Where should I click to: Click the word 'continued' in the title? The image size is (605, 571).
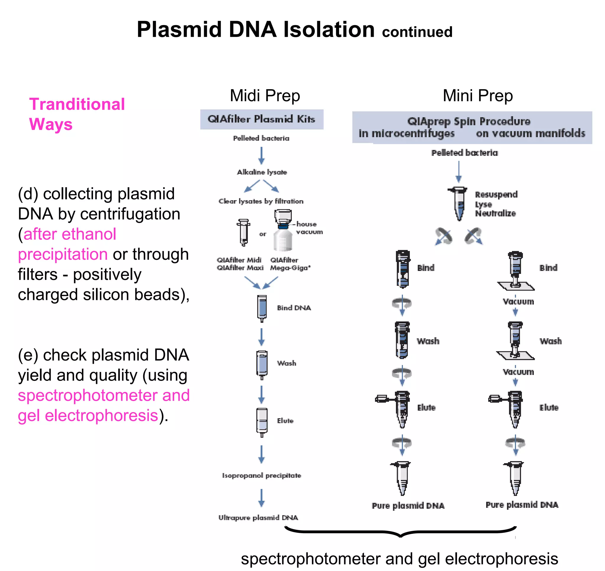coord(417,32)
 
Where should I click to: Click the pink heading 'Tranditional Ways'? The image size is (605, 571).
coord(77,114)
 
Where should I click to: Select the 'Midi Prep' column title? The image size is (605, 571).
coord(265,96)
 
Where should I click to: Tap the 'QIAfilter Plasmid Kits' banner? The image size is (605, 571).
coord(261,119)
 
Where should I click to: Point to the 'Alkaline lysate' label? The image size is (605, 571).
coord(261,172)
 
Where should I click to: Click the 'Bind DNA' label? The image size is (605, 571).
coord(294,308)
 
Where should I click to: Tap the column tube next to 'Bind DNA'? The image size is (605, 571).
coord(261,308)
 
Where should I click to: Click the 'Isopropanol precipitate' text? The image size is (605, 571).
coord(261,476)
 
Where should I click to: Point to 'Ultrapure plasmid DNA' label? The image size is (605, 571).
coord(258,518)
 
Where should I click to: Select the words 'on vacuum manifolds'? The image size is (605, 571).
coord(530,133)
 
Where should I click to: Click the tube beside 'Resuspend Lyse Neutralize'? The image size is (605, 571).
coord(458,203)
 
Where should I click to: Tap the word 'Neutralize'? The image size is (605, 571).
coord(495,213)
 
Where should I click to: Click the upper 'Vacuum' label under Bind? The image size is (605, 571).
coord(518,302)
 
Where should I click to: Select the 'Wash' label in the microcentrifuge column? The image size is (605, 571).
coord(428,341)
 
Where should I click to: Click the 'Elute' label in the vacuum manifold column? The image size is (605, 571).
coord(549,407)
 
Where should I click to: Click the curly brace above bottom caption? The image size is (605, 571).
coord(400,533)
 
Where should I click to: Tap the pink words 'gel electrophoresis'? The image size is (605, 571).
coord(88,416)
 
